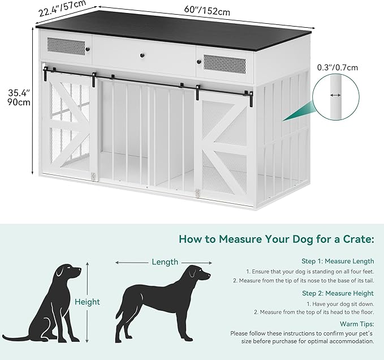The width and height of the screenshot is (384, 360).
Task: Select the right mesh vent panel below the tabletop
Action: pyautogui.click(x=225, y=64)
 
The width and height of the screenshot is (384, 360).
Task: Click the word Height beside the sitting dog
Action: pyautogui.click(x=87, y=302)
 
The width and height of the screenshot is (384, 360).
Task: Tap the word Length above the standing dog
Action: pyautogui.click(x=165, y=262)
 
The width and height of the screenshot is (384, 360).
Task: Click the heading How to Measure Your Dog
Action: pyautogui.click(x=277, y=239)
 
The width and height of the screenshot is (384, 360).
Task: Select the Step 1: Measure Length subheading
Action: pyautogui.click(x=338, y=261)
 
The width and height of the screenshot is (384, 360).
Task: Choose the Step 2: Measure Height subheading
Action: pyautogui.click(x=338, y=293)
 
